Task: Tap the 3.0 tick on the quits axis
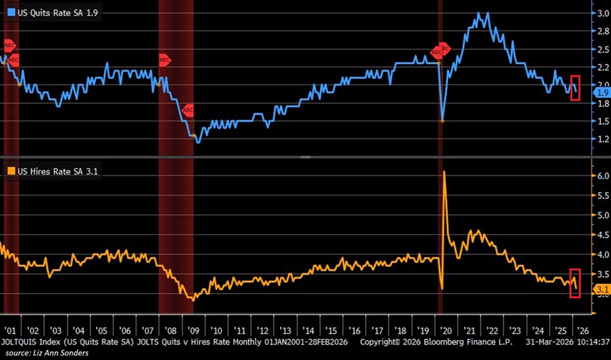pos(601,13)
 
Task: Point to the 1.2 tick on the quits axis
pos(601,139)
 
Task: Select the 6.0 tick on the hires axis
pos(601,176)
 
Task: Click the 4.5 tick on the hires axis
pos(601,235)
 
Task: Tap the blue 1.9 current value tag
pos(600,93)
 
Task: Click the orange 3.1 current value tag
pos(600,289)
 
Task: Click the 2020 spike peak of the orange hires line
pos(445,171)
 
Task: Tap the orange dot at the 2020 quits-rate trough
pos(443,120)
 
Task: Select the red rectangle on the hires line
pos(575,283)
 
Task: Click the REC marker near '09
pos(188,110)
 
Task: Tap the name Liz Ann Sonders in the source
pos(62,353)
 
